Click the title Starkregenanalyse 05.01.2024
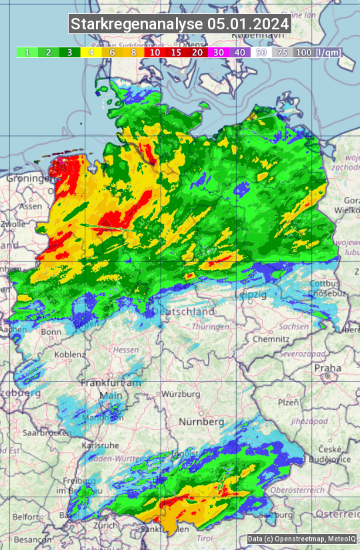[x=180, y=24]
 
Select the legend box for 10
[x=155, y=52]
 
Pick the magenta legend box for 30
[x=219, y=52]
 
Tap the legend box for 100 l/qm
[x=317, y=52]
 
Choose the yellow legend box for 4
[x=91, y=52]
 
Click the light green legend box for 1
[x=27, y=52]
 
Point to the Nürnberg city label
[x=201, y=422]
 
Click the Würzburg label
[x=181, y=394]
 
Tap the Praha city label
[x=327, y=367]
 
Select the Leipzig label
[x=251, y=294]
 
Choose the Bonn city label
[x=51, y=331]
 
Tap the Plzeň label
[x=288, y=402]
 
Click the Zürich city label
[x=105, y=525]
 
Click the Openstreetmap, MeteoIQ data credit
[x=301, y=539]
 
